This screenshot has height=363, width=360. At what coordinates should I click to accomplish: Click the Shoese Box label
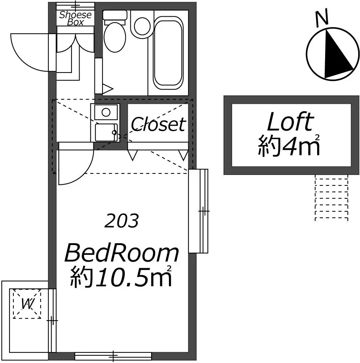point(75,18)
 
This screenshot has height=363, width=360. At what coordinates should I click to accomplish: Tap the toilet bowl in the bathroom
point(115,37)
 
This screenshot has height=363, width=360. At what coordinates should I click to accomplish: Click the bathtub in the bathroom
point(168,55)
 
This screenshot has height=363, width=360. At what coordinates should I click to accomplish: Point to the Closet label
point(158,124)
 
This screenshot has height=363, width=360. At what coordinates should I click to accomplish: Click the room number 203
point(122,221)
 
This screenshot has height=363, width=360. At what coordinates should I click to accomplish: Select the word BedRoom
point(122,253)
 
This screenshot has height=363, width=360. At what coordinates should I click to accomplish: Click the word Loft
point(291,122)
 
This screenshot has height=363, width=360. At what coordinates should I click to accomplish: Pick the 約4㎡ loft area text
point(289,146)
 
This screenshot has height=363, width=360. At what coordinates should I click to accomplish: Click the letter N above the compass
point(322,17)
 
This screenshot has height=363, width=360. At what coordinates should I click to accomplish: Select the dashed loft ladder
point(332,198)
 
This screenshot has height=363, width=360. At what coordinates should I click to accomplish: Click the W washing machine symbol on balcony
point(27,304)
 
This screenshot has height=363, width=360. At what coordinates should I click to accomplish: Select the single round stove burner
point(106,113)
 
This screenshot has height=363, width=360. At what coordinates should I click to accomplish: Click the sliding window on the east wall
point(199,211)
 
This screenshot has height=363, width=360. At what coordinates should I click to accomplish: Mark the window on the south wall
point(113,356)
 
